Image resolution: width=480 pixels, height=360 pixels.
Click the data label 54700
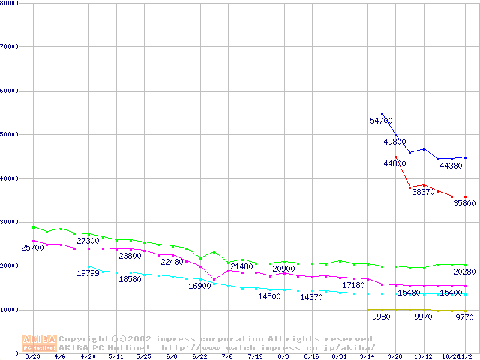coord(381,121)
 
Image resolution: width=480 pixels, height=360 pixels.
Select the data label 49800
coord(395,142)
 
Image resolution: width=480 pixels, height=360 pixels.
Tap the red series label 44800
coord(394,163)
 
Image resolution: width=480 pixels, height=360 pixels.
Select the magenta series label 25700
coord(32,248)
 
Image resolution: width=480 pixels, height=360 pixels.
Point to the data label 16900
coord(199,286)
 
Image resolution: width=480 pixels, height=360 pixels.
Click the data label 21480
coord(241,267)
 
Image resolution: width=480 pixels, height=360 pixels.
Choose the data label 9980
coord(381,317)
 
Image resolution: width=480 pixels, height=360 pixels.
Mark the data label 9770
coord(464,318)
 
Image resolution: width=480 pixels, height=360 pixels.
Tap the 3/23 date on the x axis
coord(33,357)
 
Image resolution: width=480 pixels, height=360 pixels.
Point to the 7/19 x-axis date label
coord(256,357)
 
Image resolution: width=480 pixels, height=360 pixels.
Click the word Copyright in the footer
coord(84,339)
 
